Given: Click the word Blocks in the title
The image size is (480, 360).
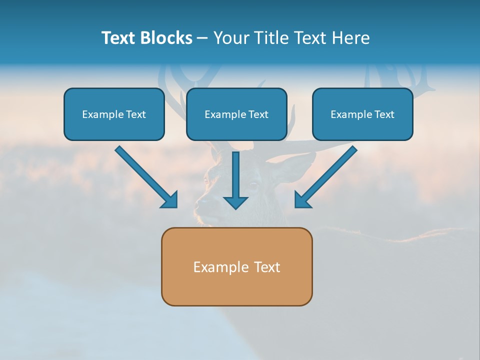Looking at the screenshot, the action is pos(166,38).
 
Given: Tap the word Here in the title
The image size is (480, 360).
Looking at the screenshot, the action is pos(351,38).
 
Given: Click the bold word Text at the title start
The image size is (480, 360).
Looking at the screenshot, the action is pos(118,38).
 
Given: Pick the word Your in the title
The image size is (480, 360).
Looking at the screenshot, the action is pos(231,38).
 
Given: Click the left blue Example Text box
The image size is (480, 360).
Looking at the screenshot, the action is pos(114,114).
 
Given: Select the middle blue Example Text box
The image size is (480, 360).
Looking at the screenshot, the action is pos(236,114).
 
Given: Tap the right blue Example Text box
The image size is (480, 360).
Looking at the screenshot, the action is pos(363,114).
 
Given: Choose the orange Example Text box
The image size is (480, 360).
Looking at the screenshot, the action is pos(237,266).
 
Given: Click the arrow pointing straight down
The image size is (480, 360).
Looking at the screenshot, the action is pos(235,180).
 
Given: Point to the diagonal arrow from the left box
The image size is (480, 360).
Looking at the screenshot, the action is pos(146,177).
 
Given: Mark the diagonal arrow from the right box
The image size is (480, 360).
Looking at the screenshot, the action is pos(325,177).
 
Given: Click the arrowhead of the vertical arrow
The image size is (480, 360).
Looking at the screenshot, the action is pos(235,202).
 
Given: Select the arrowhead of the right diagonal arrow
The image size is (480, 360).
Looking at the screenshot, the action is pos(301,201).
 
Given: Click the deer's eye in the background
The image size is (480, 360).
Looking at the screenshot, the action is pos(253,185).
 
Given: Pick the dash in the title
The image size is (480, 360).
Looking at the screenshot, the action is pos(202,38).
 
